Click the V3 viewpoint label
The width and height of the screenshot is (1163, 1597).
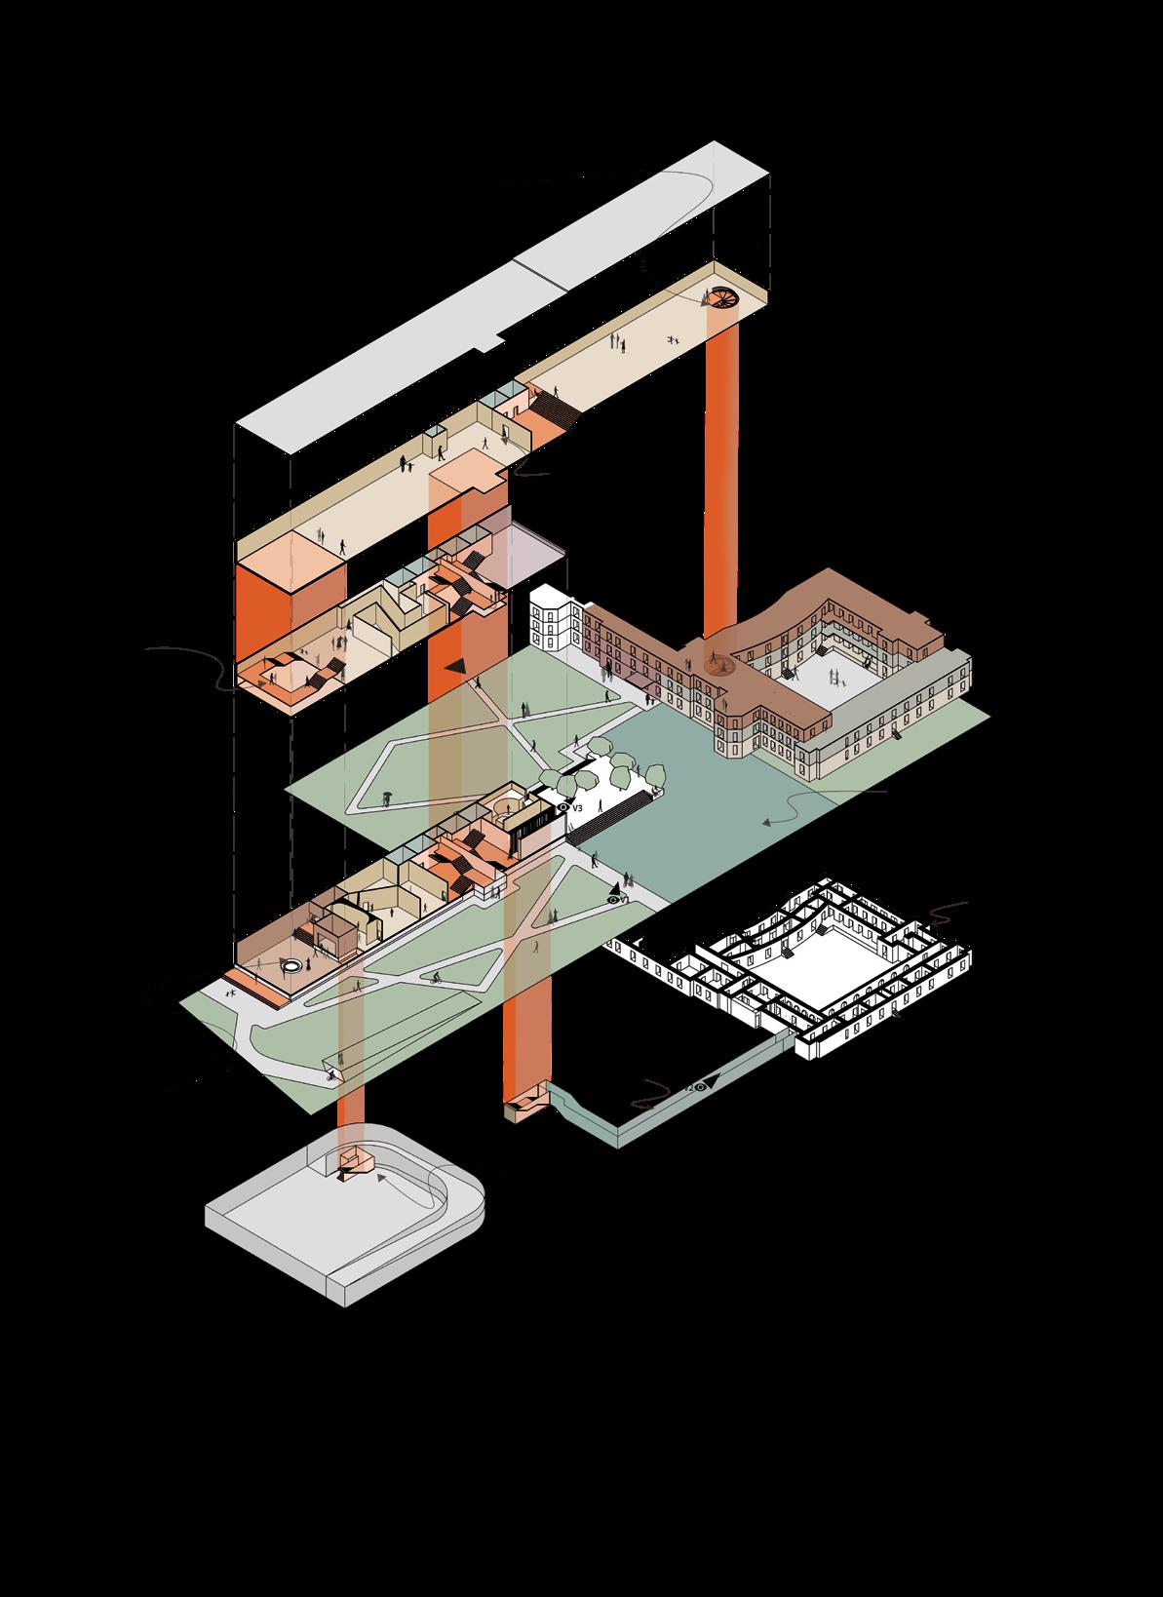coord(577,808)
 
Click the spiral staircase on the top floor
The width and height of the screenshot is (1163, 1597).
coord(723,297)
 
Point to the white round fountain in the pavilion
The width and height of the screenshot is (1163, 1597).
coord(291,965)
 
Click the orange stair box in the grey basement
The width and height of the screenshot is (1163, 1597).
coord(353,1164)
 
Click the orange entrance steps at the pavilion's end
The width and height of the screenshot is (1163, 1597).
coord(256,985)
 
